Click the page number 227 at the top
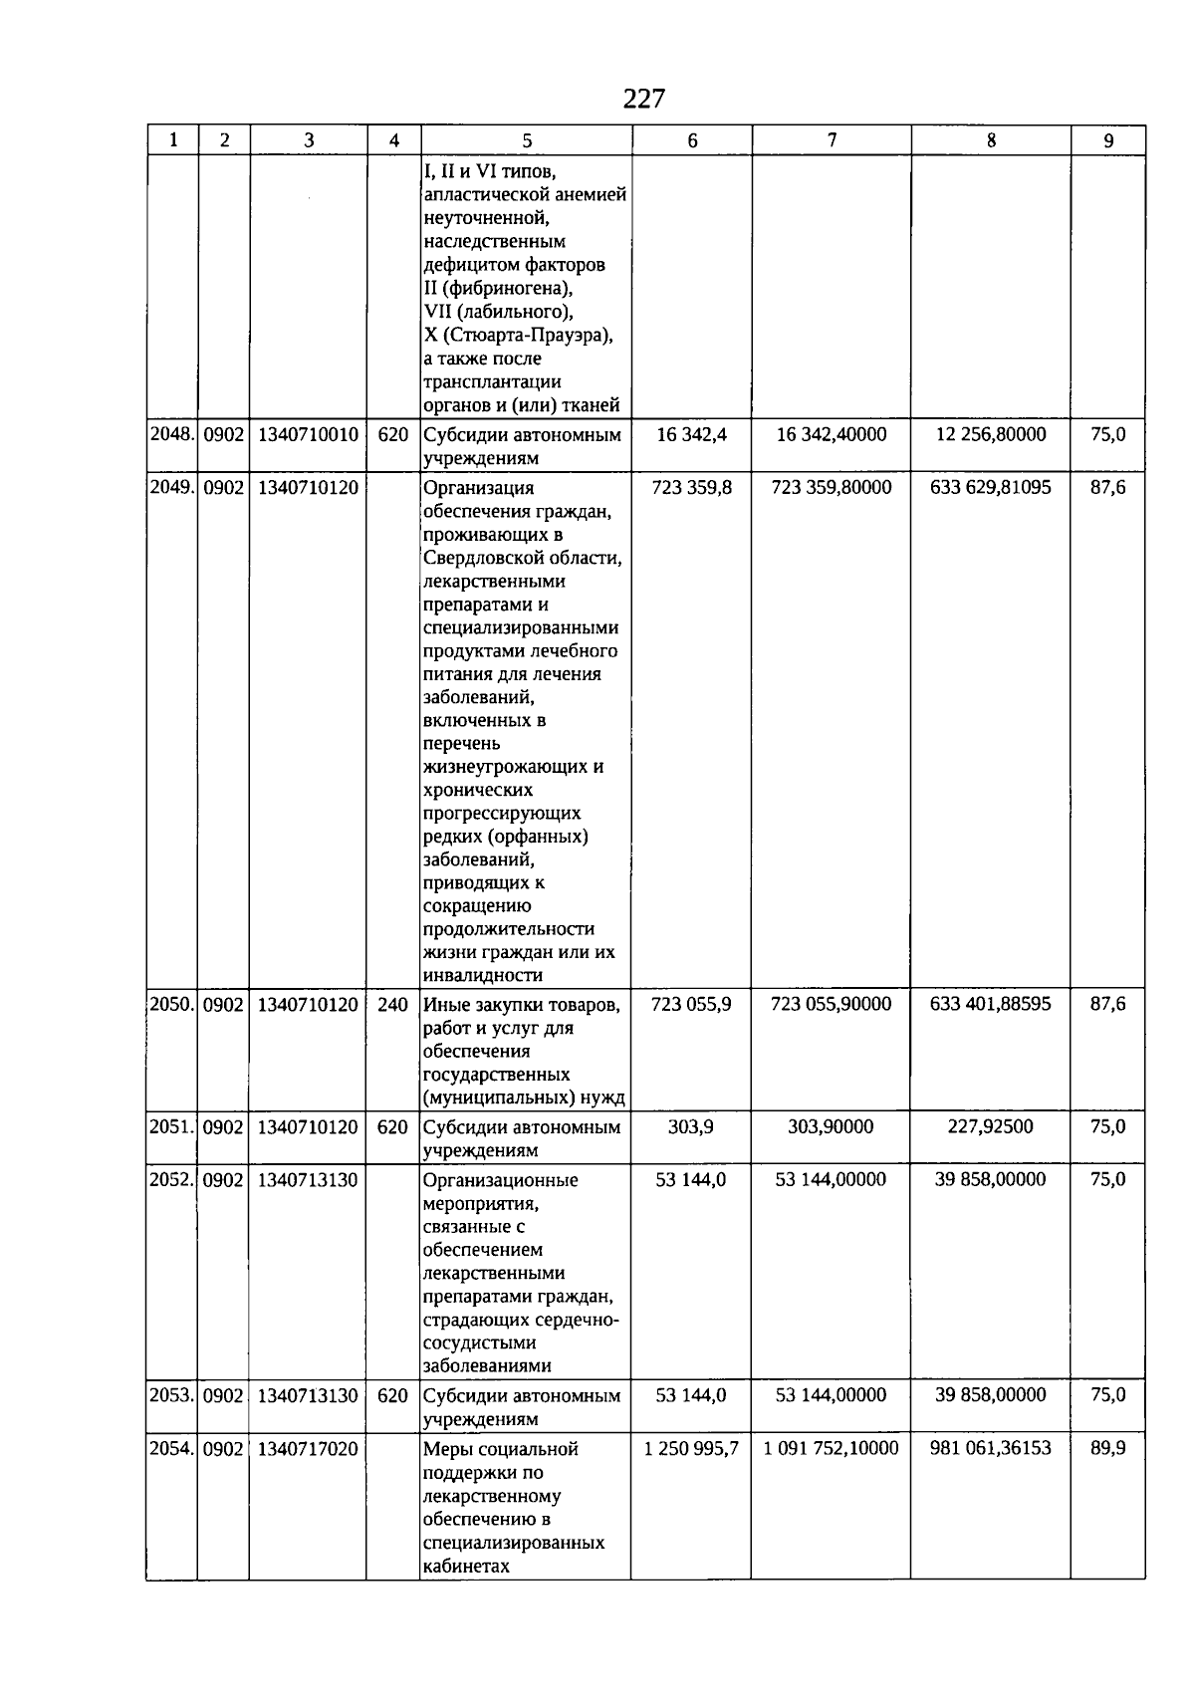pos(643,99)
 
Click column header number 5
pos(527,140)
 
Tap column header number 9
pos(1108,140)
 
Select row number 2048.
pos(172,435)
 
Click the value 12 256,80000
pos(990,435)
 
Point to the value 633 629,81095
pos(990,488)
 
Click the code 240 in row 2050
pos(392,1005)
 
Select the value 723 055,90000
pos(831,1005)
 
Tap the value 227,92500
pos(990,1127)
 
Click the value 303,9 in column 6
pos(690,1127)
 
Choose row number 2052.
pos(172,1180)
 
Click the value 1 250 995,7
pos(691,1449)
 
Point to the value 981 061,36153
pos(990,1449)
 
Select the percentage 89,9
pos(1107,1449)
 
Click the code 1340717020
pos(308,1449)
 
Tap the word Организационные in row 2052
pos(500,1181)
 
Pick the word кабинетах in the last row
pos(466,1567)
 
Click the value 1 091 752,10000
pos(831,1449)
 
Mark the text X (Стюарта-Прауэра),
pos(519,336)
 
